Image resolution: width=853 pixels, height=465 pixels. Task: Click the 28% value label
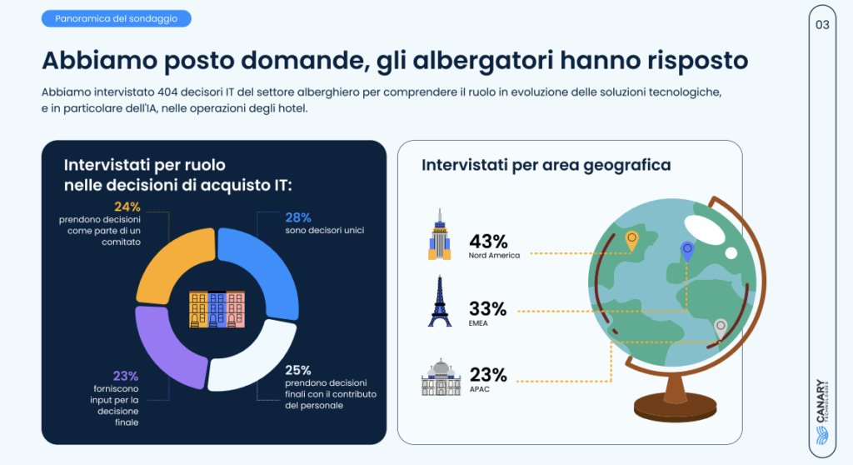click(298, 217)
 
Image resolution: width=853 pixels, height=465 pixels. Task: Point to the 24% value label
click(127, 207)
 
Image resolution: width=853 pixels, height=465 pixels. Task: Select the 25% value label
click(298, 370)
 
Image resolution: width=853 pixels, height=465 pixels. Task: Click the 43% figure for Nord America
click(488, 241)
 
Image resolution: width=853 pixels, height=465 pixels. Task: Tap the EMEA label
click(478, 323)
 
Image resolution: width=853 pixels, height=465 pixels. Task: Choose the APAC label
click(479, 389)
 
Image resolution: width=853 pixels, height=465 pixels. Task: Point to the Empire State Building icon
click(440, 234)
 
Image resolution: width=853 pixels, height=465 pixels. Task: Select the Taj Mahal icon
click(441, 377)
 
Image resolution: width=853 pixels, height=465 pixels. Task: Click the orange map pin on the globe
click(631, 240)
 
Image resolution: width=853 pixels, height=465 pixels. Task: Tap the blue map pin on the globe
click(687, 251)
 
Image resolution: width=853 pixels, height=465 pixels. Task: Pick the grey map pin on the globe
click(721, 329)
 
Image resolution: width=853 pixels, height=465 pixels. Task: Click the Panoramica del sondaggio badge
click(117, 18)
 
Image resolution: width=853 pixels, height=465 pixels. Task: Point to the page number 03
click(822, 25)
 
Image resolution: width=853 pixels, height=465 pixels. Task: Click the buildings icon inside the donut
click(217, 309)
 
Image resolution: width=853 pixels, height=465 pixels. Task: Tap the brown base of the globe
click(675, 406)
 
